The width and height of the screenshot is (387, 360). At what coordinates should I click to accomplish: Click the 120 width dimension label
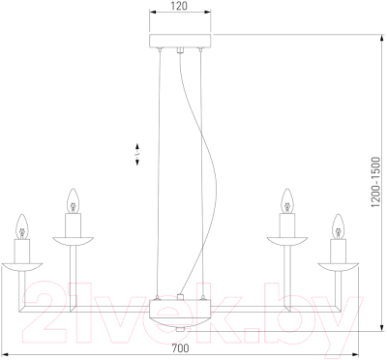point(180,6)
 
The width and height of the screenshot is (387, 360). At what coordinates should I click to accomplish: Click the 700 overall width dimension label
point(180,348)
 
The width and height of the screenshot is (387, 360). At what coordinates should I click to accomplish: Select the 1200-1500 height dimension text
point(376,182)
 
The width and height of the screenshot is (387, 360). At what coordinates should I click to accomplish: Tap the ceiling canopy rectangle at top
point(180,41)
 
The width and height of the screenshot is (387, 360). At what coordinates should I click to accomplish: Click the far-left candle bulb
point(21,226)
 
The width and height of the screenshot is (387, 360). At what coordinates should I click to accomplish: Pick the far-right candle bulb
point(339,226)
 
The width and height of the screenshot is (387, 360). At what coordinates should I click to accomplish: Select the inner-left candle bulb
point(73,201)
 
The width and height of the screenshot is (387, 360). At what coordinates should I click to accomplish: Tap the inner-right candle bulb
point(287,201)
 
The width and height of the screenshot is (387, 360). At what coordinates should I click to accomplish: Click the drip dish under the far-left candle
point(22,267)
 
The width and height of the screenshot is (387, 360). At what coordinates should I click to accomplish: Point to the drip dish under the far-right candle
point(338,267)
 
